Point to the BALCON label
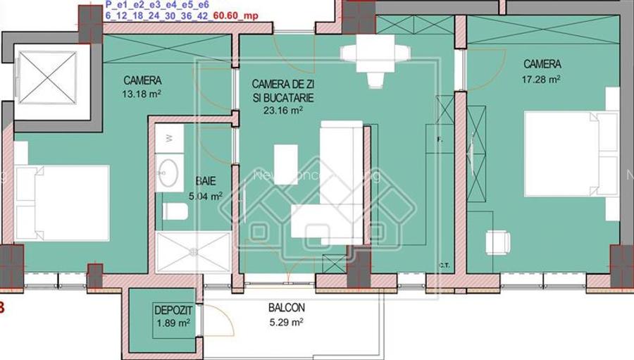coord(286,308)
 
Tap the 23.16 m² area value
coord(282,110)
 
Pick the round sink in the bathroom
coord(169,173)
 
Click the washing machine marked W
coord(169,139)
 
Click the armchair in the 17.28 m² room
coord(497,242)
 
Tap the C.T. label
coord(445,266)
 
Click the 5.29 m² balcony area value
coord(286,323)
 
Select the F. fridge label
coord(440,139)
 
